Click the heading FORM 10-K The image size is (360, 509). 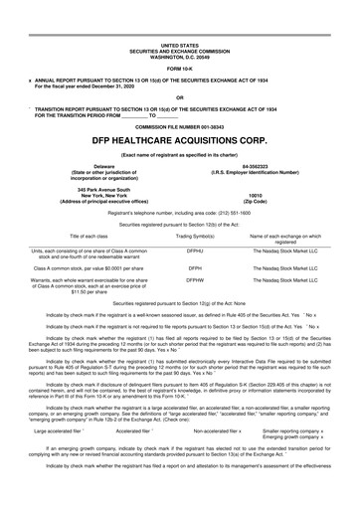coord(179,67)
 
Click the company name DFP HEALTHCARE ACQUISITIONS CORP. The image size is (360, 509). coord(179,142)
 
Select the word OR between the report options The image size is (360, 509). coord(179,97)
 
